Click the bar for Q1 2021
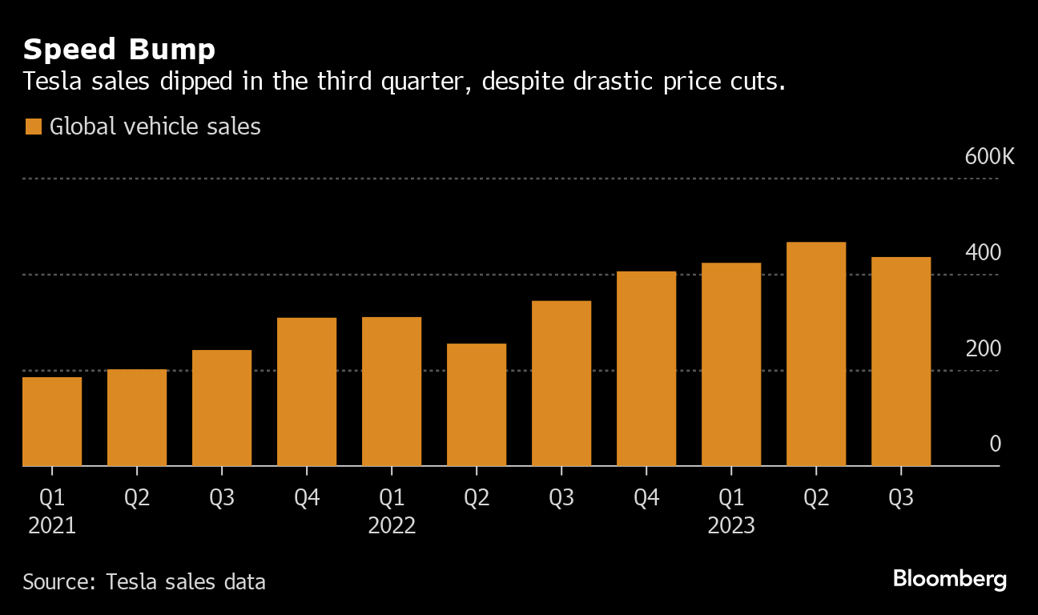pos(52,421)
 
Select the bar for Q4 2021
pos(307,392)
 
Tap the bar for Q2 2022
pos(477,404)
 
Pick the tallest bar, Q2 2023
pos(816,354)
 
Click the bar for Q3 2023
pos(901,361)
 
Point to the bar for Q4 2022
pos(646,368)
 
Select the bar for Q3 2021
pos(222,408)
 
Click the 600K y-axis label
pos(989,156)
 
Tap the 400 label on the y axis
pos(984,253)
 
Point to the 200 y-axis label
pos(984,349)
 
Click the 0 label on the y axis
pos(995,444)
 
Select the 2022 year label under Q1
pos(392,526)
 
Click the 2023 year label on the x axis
pos(731,526)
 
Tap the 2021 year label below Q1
pos(52,526)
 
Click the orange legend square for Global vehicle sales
pos(33,127)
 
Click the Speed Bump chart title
pos(119,50)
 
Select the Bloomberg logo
pos(950,579)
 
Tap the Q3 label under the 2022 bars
pos(561,498)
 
